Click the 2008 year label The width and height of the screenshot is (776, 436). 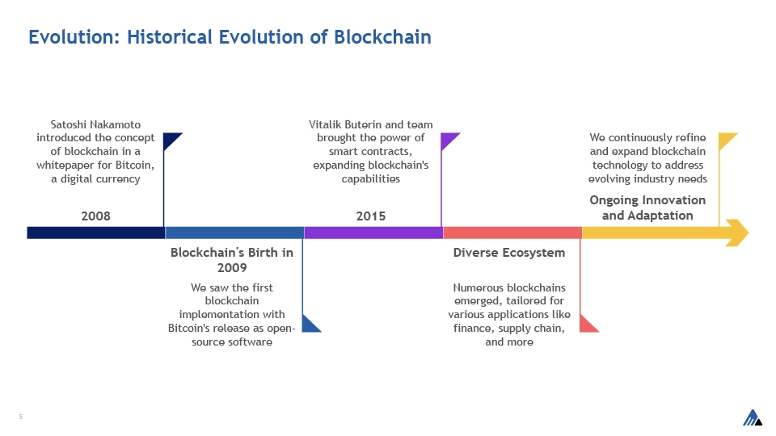[x=95, y=216]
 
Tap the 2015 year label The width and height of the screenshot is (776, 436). [x=371, y=216]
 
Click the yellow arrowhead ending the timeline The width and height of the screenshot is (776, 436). [x=738, y=233]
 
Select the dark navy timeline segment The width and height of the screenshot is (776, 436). [x=96, y=233]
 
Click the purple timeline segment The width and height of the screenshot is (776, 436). [x=373, y=233]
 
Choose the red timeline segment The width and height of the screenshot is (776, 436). [x=512, y=233]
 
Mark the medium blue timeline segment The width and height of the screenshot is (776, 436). [x=234, y=233]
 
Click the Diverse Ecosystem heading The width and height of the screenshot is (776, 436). [x=508, y=253]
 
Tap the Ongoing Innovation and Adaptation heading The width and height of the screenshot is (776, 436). [x=647, y=208]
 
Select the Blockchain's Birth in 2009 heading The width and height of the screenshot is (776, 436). [x=232, y=260]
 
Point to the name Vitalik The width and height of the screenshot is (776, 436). [x=325, y=124]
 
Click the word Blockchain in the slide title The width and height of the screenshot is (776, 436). [x=382, y=37]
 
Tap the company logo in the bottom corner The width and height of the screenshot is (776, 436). [x=753, y=417]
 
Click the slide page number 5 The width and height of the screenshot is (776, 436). [x=21, y=417]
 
